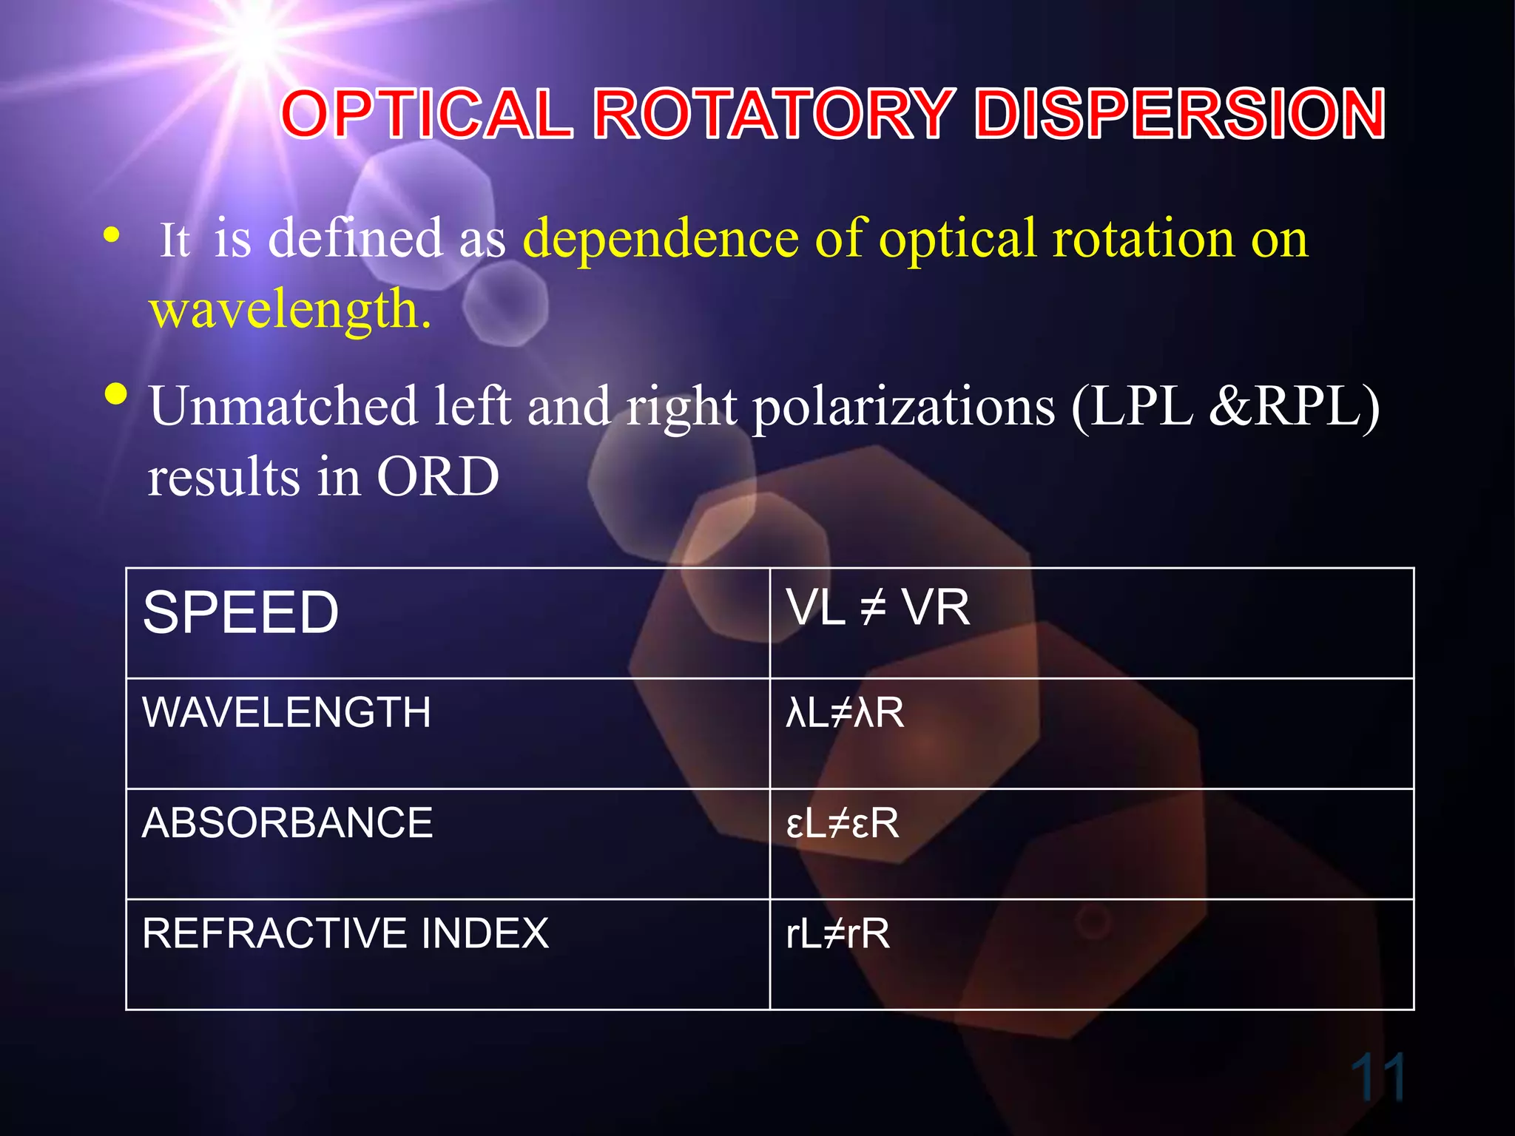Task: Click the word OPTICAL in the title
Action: click(428, 114)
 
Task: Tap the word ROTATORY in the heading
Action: click(774, 114)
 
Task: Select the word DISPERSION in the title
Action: click(1180, 114)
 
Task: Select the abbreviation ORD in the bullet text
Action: click(438, 477)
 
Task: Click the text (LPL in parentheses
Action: click(1133, 407)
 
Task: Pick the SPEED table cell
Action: click(241, 613)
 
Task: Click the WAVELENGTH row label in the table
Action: click(287, 712)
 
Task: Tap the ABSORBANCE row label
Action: click(287, 823)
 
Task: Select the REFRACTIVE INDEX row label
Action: click(345, 933)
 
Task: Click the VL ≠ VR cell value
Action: click(878, 609)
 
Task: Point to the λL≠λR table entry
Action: click(845, 713)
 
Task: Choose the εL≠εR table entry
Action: click(843, 823)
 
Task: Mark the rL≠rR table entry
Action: click(837, 933)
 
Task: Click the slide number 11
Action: click(1377, 1078)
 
